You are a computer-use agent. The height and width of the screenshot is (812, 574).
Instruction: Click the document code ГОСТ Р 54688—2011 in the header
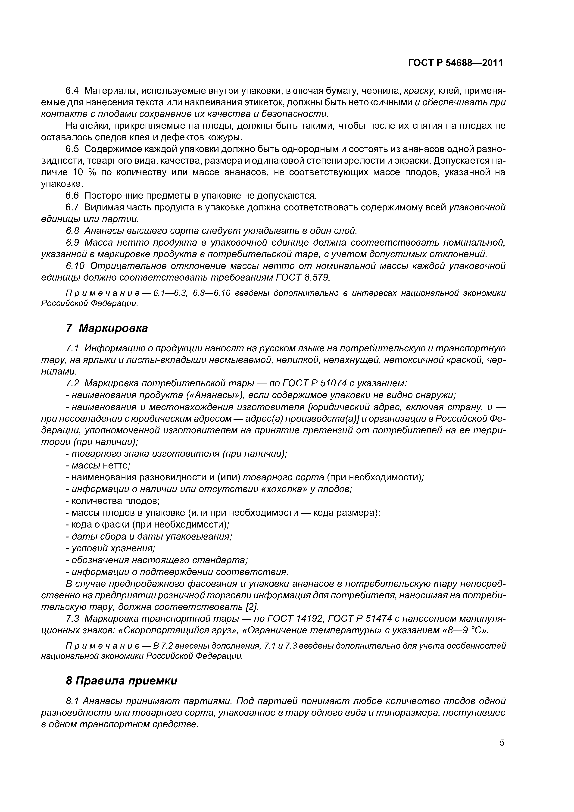click(x=455, y=63)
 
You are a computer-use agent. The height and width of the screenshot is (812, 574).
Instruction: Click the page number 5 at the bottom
click(x=502, y=752)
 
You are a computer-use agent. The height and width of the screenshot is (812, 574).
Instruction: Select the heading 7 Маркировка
click(x=107, y=328)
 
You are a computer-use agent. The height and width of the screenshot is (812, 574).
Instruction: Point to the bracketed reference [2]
click(x=252, y=607)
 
